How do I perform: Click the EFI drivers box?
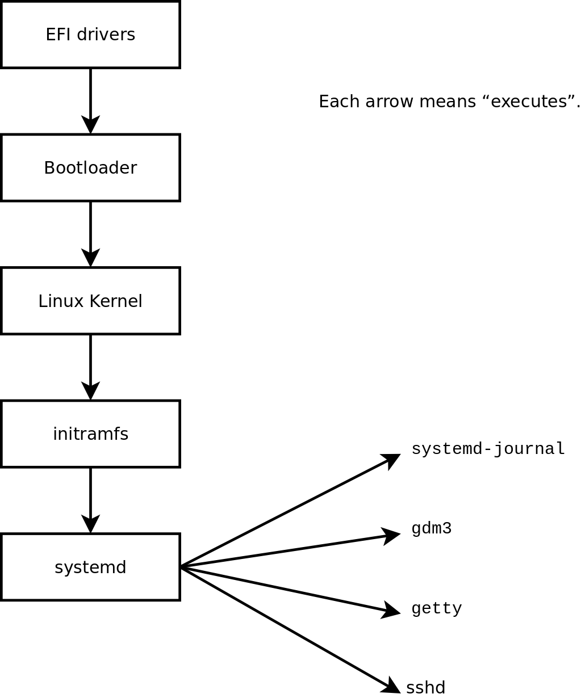pos(90,35)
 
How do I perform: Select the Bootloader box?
pos(90,168)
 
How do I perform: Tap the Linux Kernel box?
pos(90,301)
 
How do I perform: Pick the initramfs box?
pos(90,434)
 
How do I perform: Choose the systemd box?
pos(90,567)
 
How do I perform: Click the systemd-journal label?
pos(488,449)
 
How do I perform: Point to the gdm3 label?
pos(431,528)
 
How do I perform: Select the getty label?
pos(436,608)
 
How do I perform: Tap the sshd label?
pos(425,687)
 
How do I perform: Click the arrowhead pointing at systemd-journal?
pos(392,459)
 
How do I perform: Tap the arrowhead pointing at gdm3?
pos(392,535)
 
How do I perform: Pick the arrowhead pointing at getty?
pos(392,611)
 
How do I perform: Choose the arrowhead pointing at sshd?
pos(392,687)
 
